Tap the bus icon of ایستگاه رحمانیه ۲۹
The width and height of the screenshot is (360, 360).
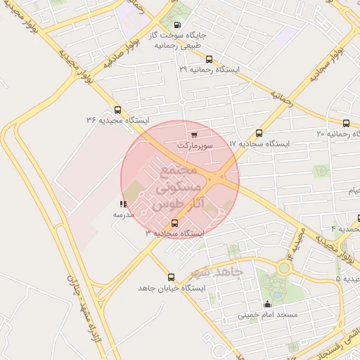(209, 60)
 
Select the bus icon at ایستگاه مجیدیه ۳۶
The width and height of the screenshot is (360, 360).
(117, 110)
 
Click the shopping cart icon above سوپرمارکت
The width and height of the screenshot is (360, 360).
(194, 134)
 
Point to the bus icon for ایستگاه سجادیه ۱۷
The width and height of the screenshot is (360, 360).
(259, 133)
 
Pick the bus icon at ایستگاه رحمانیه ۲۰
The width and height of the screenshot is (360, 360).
(347, 122)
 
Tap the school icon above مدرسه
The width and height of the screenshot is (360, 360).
(124, 204)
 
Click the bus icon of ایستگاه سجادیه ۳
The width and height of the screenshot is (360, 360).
(175, 223)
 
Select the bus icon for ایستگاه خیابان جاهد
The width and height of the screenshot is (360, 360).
(171, 277)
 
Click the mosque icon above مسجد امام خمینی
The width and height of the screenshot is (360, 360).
(267, 304)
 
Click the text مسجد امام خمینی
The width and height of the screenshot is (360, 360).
(266, 315)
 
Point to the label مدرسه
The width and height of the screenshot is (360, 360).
(124, 214)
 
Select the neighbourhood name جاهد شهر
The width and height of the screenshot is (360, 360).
(217, 272)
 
